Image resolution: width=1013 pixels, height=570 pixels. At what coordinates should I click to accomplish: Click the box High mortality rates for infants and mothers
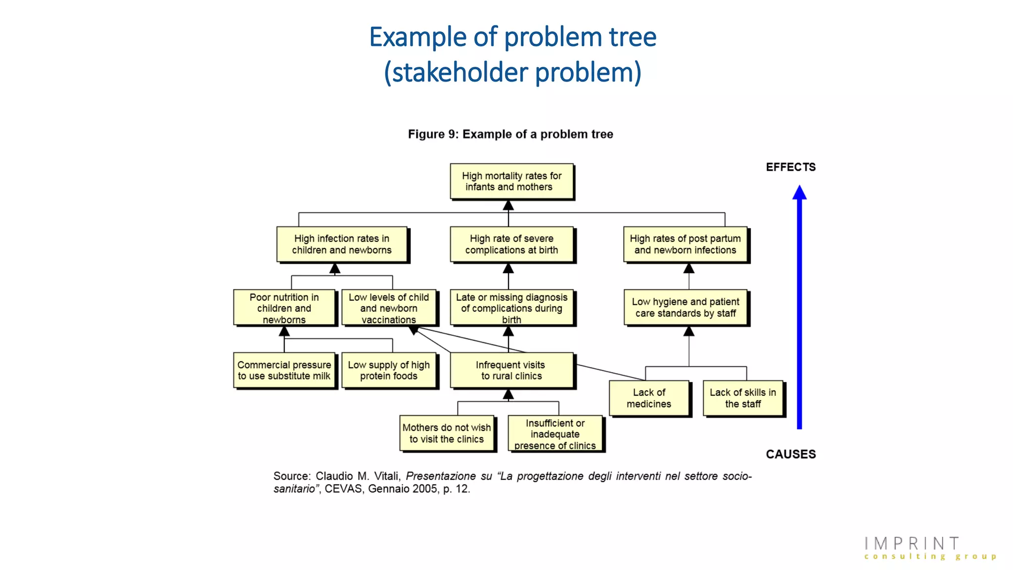(511, 182)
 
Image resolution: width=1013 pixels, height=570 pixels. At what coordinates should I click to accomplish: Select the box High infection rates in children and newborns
(342, 244)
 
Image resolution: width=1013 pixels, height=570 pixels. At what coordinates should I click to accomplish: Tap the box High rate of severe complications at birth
(511, 244)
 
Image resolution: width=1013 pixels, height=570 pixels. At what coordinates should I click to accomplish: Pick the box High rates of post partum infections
(685, 244)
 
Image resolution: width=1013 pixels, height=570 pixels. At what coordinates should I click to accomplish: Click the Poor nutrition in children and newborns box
(284, 308)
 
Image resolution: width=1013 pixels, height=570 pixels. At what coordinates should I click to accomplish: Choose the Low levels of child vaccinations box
(389, 308)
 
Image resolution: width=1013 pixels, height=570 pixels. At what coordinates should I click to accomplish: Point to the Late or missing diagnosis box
(511, 308)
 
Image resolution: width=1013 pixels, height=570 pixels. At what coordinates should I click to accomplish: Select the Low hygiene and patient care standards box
(686, 307)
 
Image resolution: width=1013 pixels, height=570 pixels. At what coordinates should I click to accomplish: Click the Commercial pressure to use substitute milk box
(284, 370)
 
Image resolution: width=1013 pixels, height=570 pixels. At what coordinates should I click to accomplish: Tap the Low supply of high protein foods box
(389, 370)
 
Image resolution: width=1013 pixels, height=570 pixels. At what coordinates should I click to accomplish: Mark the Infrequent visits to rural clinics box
(511, 370)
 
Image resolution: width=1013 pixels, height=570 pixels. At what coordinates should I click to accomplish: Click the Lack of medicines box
(648, 398)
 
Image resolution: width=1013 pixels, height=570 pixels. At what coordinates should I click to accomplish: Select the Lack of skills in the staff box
(742, 398)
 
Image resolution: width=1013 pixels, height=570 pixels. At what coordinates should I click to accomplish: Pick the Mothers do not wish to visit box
(447, 433)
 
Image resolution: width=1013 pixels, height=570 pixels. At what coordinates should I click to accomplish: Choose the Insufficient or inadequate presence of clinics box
(555, 434)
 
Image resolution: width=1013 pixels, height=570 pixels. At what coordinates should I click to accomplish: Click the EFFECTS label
(790, 167)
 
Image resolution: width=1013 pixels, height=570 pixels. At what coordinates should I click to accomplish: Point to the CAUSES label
(790, 454)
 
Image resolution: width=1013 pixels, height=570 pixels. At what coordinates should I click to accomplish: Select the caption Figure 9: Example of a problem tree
(510, 134)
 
